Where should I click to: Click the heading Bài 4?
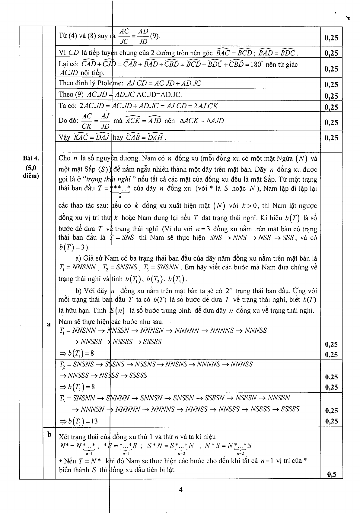[x=31, y=158]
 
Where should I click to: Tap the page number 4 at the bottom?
[x=180, y=489]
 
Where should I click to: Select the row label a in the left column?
[x=49, y=324]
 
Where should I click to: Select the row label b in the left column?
[x=49, y=435]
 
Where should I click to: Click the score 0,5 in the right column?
[x=331, y=474]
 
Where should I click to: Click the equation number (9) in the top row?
[x=155, y=36]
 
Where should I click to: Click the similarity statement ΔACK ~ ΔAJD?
[x=202, y=121]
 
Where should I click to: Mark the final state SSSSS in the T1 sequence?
[x=152, y=342]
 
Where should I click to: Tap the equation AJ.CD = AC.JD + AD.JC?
[x=164, y=83]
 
